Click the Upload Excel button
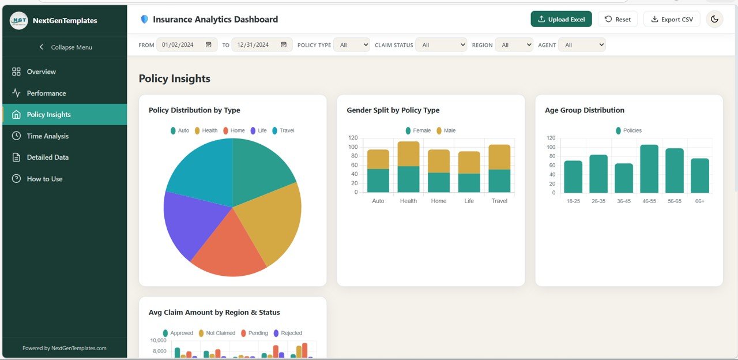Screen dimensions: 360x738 [x=561, y=19]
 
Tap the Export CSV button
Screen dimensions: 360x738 [x=672, y=19]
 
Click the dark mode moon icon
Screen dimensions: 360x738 [x=714, y=19]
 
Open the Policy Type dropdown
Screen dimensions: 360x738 [x=352, y=45]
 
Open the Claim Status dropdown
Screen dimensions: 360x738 [x=441, y=45]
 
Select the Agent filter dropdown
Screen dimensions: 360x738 [x=582, y=45]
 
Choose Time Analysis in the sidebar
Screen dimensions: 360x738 [x=48, y=136]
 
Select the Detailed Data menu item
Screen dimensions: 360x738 [x=48, y=157]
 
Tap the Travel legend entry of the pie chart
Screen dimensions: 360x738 [x=283, y=130]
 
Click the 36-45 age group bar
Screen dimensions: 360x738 [x=624, y=178]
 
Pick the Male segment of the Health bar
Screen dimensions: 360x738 [x=408, y=153]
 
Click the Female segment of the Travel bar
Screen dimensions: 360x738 [x=499, y=181]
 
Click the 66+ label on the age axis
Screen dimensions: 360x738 [x=700, y=201]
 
